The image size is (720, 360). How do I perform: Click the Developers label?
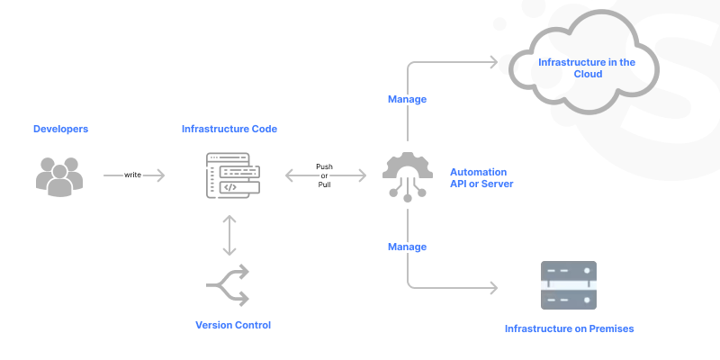[x=61, y=129]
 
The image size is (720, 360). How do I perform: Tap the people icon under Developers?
[x=59, y=175]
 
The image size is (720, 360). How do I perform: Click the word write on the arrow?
[x=132, y=175]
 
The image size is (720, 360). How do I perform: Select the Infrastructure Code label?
[x=229, y=129]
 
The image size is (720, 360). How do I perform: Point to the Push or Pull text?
[x=325, y=175]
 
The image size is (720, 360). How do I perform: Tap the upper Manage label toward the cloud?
[x=407, y=99]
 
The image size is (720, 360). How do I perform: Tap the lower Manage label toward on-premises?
[x=407, y=246]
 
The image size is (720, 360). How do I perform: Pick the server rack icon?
[x=568, y=286]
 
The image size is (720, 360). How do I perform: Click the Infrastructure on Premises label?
[x=569, y=328]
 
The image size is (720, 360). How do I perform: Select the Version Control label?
[x=233, y=324]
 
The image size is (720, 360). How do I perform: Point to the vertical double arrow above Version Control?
[x=230, y=235]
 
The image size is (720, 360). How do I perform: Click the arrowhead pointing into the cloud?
[x=493, y=62]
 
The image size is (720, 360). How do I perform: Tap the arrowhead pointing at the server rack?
[x=493, y=288]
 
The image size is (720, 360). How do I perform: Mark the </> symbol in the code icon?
[x=230, y=188]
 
